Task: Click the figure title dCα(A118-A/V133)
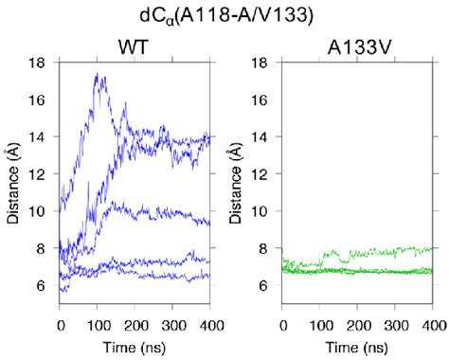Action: [225, 16]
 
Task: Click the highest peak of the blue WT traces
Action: [98, 74]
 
